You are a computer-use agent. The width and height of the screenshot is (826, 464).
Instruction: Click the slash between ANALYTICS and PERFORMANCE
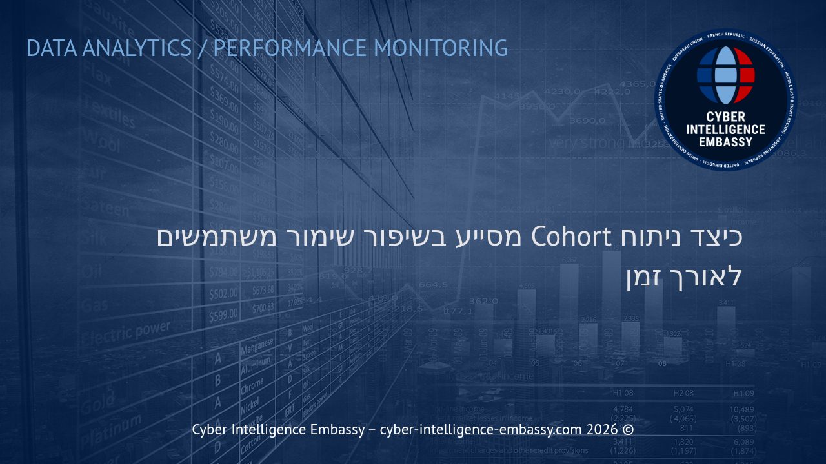pyautogui.click(x=203, y=48)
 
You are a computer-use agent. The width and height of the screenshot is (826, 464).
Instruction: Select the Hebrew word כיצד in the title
pyautogui.click(x=716, y=237)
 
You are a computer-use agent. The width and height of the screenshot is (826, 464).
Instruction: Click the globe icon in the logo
pyautogui.click(x=726, y=75)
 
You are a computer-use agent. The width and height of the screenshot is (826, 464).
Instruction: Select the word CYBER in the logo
pyautogui.click(x=726, y=117)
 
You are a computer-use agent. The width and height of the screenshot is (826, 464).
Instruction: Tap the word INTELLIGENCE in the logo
pyautogui.click(x=726, y=129)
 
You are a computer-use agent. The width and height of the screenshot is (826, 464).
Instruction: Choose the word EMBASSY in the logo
pyautogui.click(x=726, y=141)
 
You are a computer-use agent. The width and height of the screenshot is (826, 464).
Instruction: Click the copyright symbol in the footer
pyautogui.click(x=629, y=430)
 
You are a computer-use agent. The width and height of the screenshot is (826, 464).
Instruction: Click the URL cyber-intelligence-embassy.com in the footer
pyautogui.click(x=481, y=430)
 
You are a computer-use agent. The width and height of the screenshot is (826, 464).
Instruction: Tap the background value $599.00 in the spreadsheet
pyautogui.click(x=223, y=315)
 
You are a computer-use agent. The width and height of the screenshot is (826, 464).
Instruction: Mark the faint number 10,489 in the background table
pyautogui.click(x=742, y=409)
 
